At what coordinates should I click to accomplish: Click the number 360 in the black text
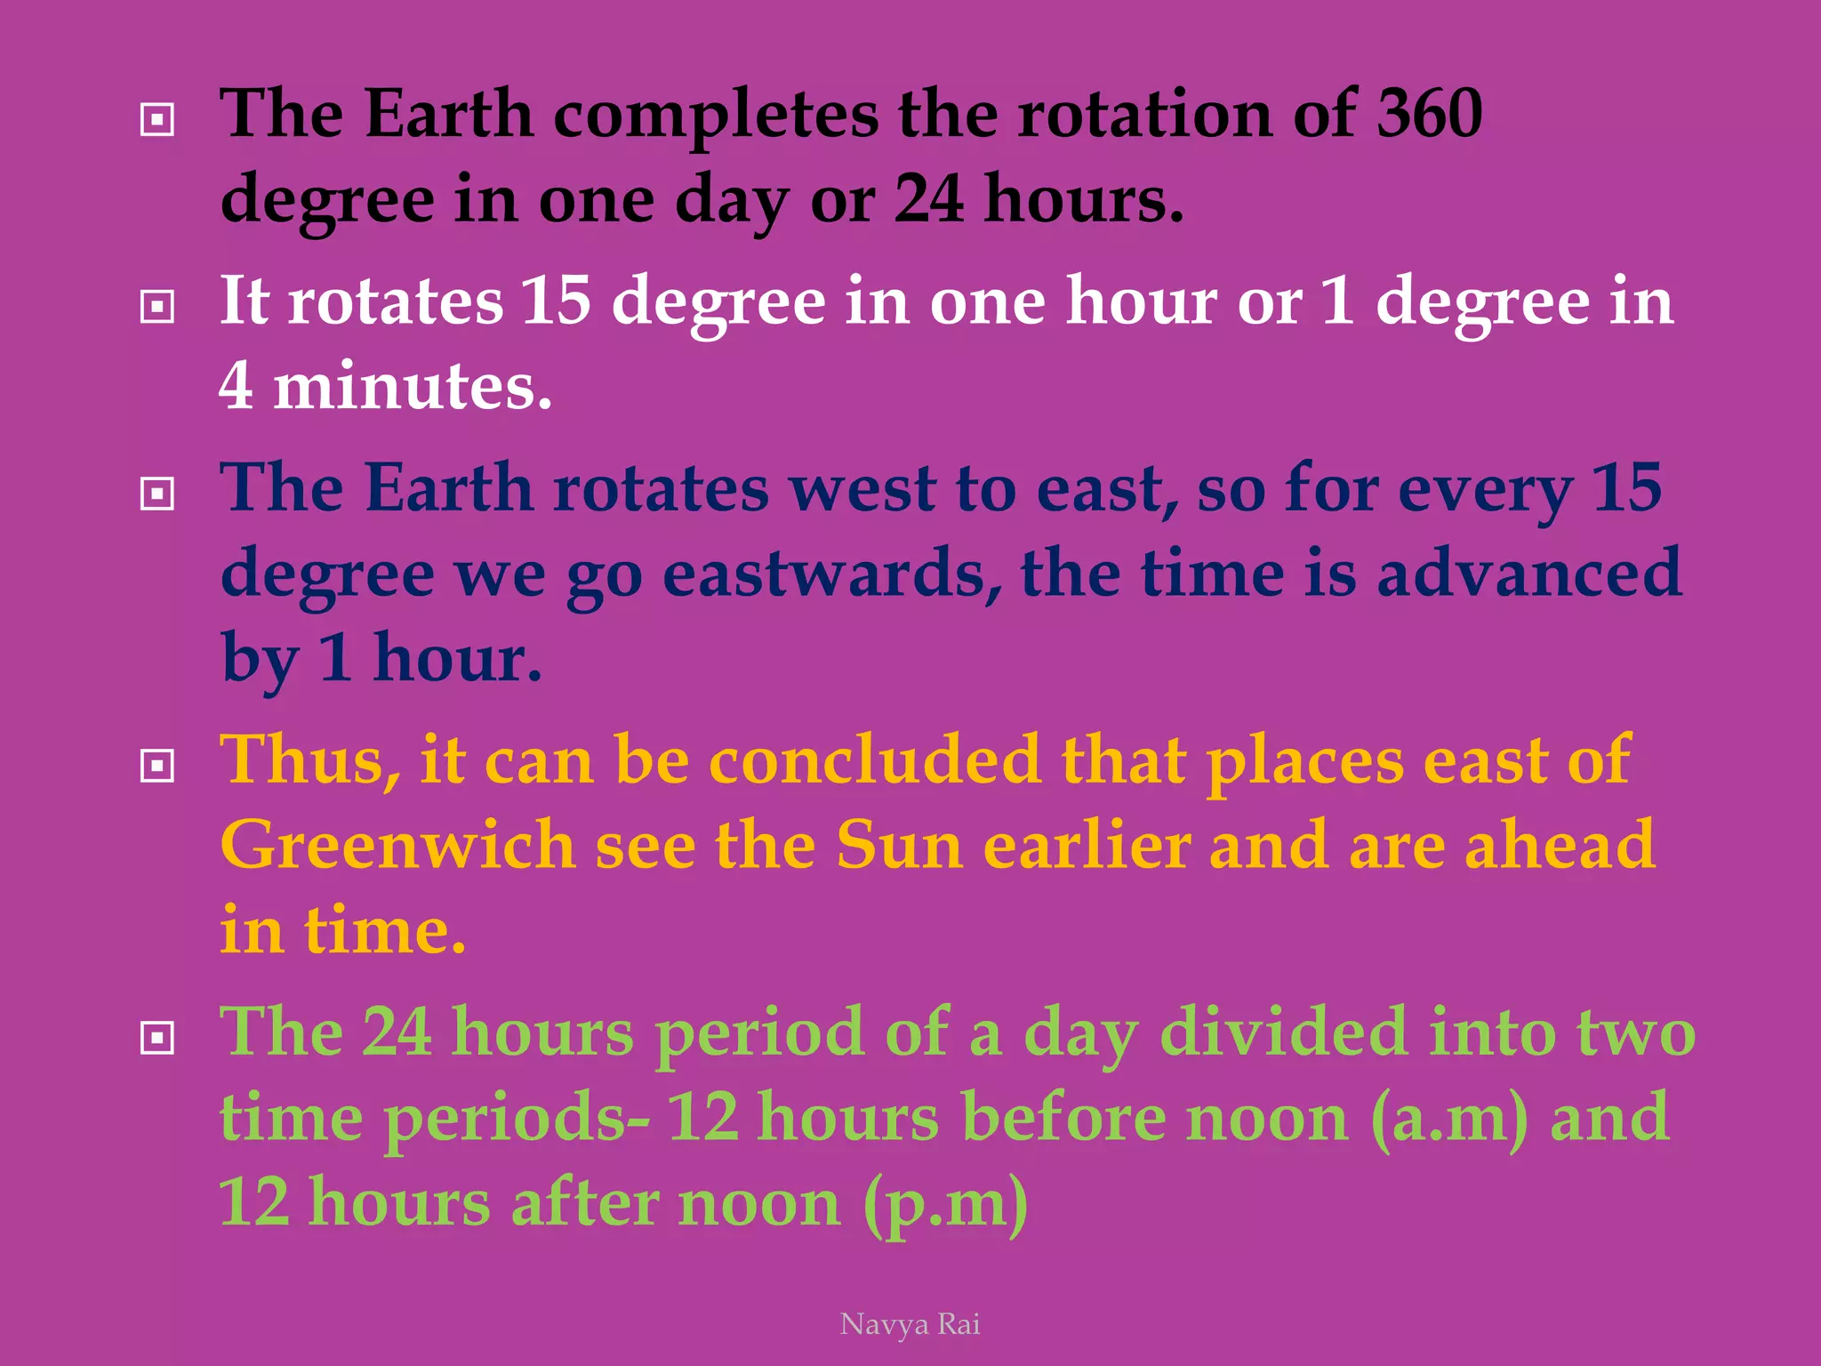(1429, 114)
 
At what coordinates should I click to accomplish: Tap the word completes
(716, 116)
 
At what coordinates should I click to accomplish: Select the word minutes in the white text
(412, 386)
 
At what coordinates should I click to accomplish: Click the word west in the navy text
(862, 488)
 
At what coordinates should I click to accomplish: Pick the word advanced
(1528, 574)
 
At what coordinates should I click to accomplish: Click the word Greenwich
(397, 845)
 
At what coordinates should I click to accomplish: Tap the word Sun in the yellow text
(899, 845)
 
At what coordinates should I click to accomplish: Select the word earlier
(1087, 845)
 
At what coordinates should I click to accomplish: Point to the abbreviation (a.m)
(1450, 1118)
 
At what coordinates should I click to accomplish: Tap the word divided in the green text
(1283, 1033)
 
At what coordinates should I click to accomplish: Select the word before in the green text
(1063, 1118)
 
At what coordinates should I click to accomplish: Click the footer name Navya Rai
(910, 1324)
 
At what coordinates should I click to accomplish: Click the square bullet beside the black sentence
(157, 118)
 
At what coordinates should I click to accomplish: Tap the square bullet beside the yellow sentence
(157, 765)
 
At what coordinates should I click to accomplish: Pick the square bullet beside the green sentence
(157, 1037)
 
